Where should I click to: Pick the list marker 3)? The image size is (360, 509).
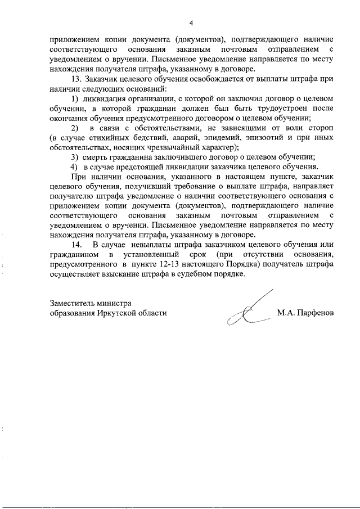(x=74, y=157)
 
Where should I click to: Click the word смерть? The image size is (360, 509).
(x=99, y=157)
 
